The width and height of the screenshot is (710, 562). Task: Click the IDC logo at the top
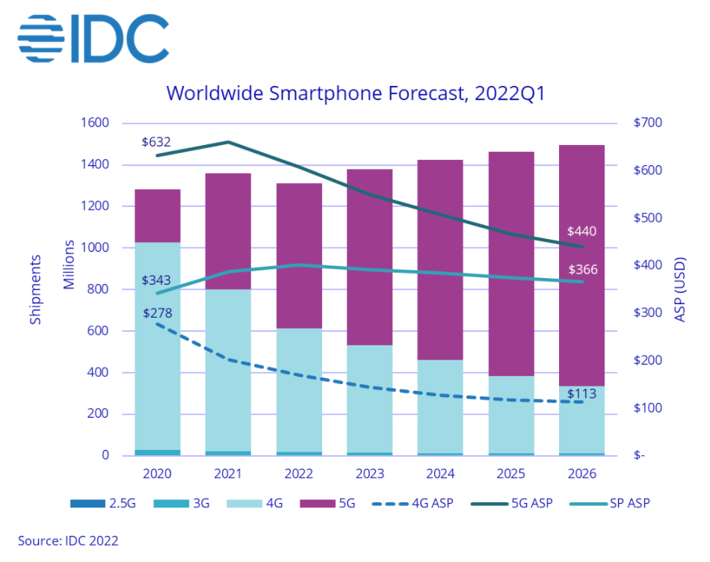93,37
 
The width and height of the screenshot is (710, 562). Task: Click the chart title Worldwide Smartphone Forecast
354,93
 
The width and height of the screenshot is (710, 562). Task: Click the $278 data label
157,312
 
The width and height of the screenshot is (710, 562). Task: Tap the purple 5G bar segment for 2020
157,216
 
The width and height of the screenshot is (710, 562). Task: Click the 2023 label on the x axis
369,474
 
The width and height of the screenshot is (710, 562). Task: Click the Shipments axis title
35,288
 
